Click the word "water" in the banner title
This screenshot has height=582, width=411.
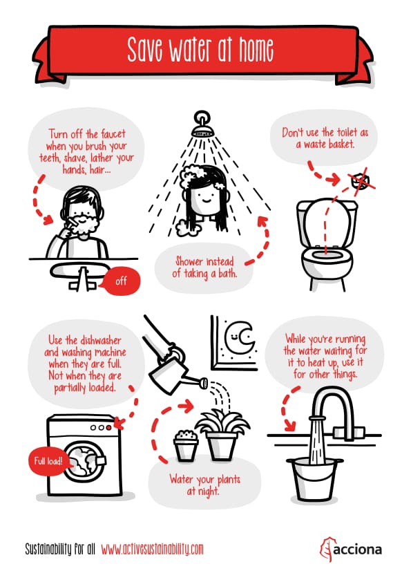pos(190,49)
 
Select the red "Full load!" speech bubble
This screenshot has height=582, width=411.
pos(48,461)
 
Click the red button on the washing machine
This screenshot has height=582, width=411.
pos(108,428)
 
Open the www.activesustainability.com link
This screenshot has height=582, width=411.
pos(152,549)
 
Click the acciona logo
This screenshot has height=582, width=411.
pos(350,549)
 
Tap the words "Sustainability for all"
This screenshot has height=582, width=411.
pos(60,549)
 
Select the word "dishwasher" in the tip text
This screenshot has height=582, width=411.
pos(101,340)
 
